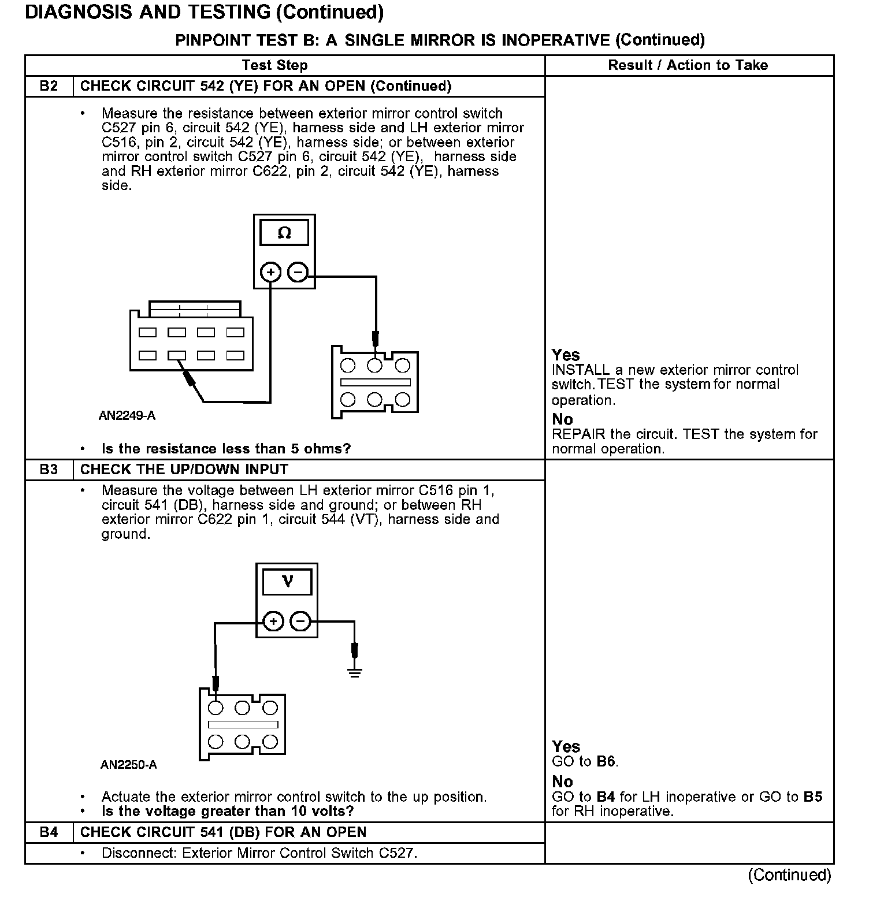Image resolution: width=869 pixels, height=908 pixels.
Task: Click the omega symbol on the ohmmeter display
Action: point(284,233)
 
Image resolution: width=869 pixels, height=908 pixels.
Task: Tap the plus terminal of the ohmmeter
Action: point(270,272)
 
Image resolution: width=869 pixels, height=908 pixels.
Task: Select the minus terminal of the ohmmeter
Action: point(298,272)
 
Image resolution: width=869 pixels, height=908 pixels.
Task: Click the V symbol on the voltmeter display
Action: point(287,581)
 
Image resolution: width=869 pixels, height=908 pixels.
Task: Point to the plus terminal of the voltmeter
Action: point(273,622)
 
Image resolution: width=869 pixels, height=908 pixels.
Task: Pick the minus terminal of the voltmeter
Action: point(300,622)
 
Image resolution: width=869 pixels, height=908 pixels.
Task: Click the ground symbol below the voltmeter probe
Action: point(355,672)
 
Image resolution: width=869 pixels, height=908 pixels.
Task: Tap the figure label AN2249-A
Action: point(127,416)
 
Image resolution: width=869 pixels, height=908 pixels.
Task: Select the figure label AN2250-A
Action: point(128,765)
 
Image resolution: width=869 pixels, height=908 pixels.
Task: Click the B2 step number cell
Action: point(49,86)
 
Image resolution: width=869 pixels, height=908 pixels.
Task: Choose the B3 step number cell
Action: point(49,470)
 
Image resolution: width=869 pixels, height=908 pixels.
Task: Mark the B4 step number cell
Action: point(49,832)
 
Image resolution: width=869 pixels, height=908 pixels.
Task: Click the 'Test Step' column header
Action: point(274,65)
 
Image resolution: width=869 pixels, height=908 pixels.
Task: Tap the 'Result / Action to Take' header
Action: point(688,65)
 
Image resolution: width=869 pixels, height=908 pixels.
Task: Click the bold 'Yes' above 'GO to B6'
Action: point(566,746)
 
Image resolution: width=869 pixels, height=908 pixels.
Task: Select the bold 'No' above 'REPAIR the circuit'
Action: point(562,419)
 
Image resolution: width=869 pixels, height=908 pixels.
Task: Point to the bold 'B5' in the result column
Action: point(812,797)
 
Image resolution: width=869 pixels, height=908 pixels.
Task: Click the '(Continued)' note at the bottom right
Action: point(789,875)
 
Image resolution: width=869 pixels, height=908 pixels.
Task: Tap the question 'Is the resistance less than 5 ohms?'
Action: point(226,449)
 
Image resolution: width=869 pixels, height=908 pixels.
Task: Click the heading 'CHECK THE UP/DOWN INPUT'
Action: point(184,470)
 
